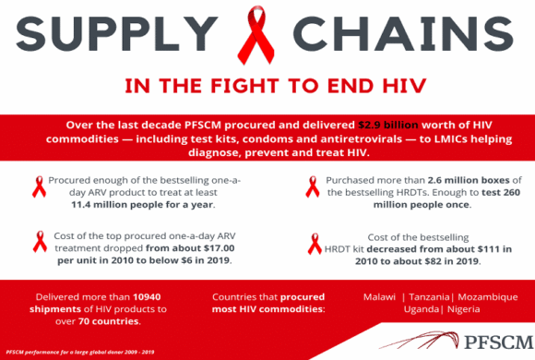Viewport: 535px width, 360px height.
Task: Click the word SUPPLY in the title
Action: point(117,33)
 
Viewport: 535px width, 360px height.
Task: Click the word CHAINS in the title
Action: point(403,33)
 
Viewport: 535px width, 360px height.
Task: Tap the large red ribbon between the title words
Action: point(256,34)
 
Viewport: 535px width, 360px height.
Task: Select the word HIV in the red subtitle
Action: point(405,86)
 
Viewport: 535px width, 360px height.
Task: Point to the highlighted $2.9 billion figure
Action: point(388,125)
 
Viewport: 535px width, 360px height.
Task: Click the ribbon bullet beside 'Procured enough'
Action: point(40,186)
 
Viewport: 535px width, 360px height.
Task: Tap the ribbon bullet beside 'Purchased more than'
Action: point(313,186)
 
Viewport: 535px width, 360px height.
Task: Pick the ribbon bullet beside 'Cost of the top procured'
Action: point(40,242)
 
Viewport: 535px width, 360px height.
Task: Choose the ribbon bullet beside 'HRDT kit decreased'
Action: point(315,244)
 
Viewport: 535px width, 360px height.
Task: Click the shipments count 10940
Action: point(147,297)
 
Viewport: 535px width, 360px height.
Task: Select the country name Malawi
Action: point(379,297)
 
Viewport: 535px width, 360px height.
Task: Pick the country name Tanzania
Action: point(429,297)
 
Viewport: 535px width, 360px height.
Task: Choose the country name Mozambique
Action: point(488,297)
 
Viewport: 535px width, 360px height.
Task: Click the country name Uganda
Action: point(422,309)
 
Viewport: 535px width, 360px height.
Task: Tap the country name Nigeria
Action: point(463,309)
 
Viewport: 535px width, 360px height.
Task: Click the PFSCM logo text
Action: point(498,342)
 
